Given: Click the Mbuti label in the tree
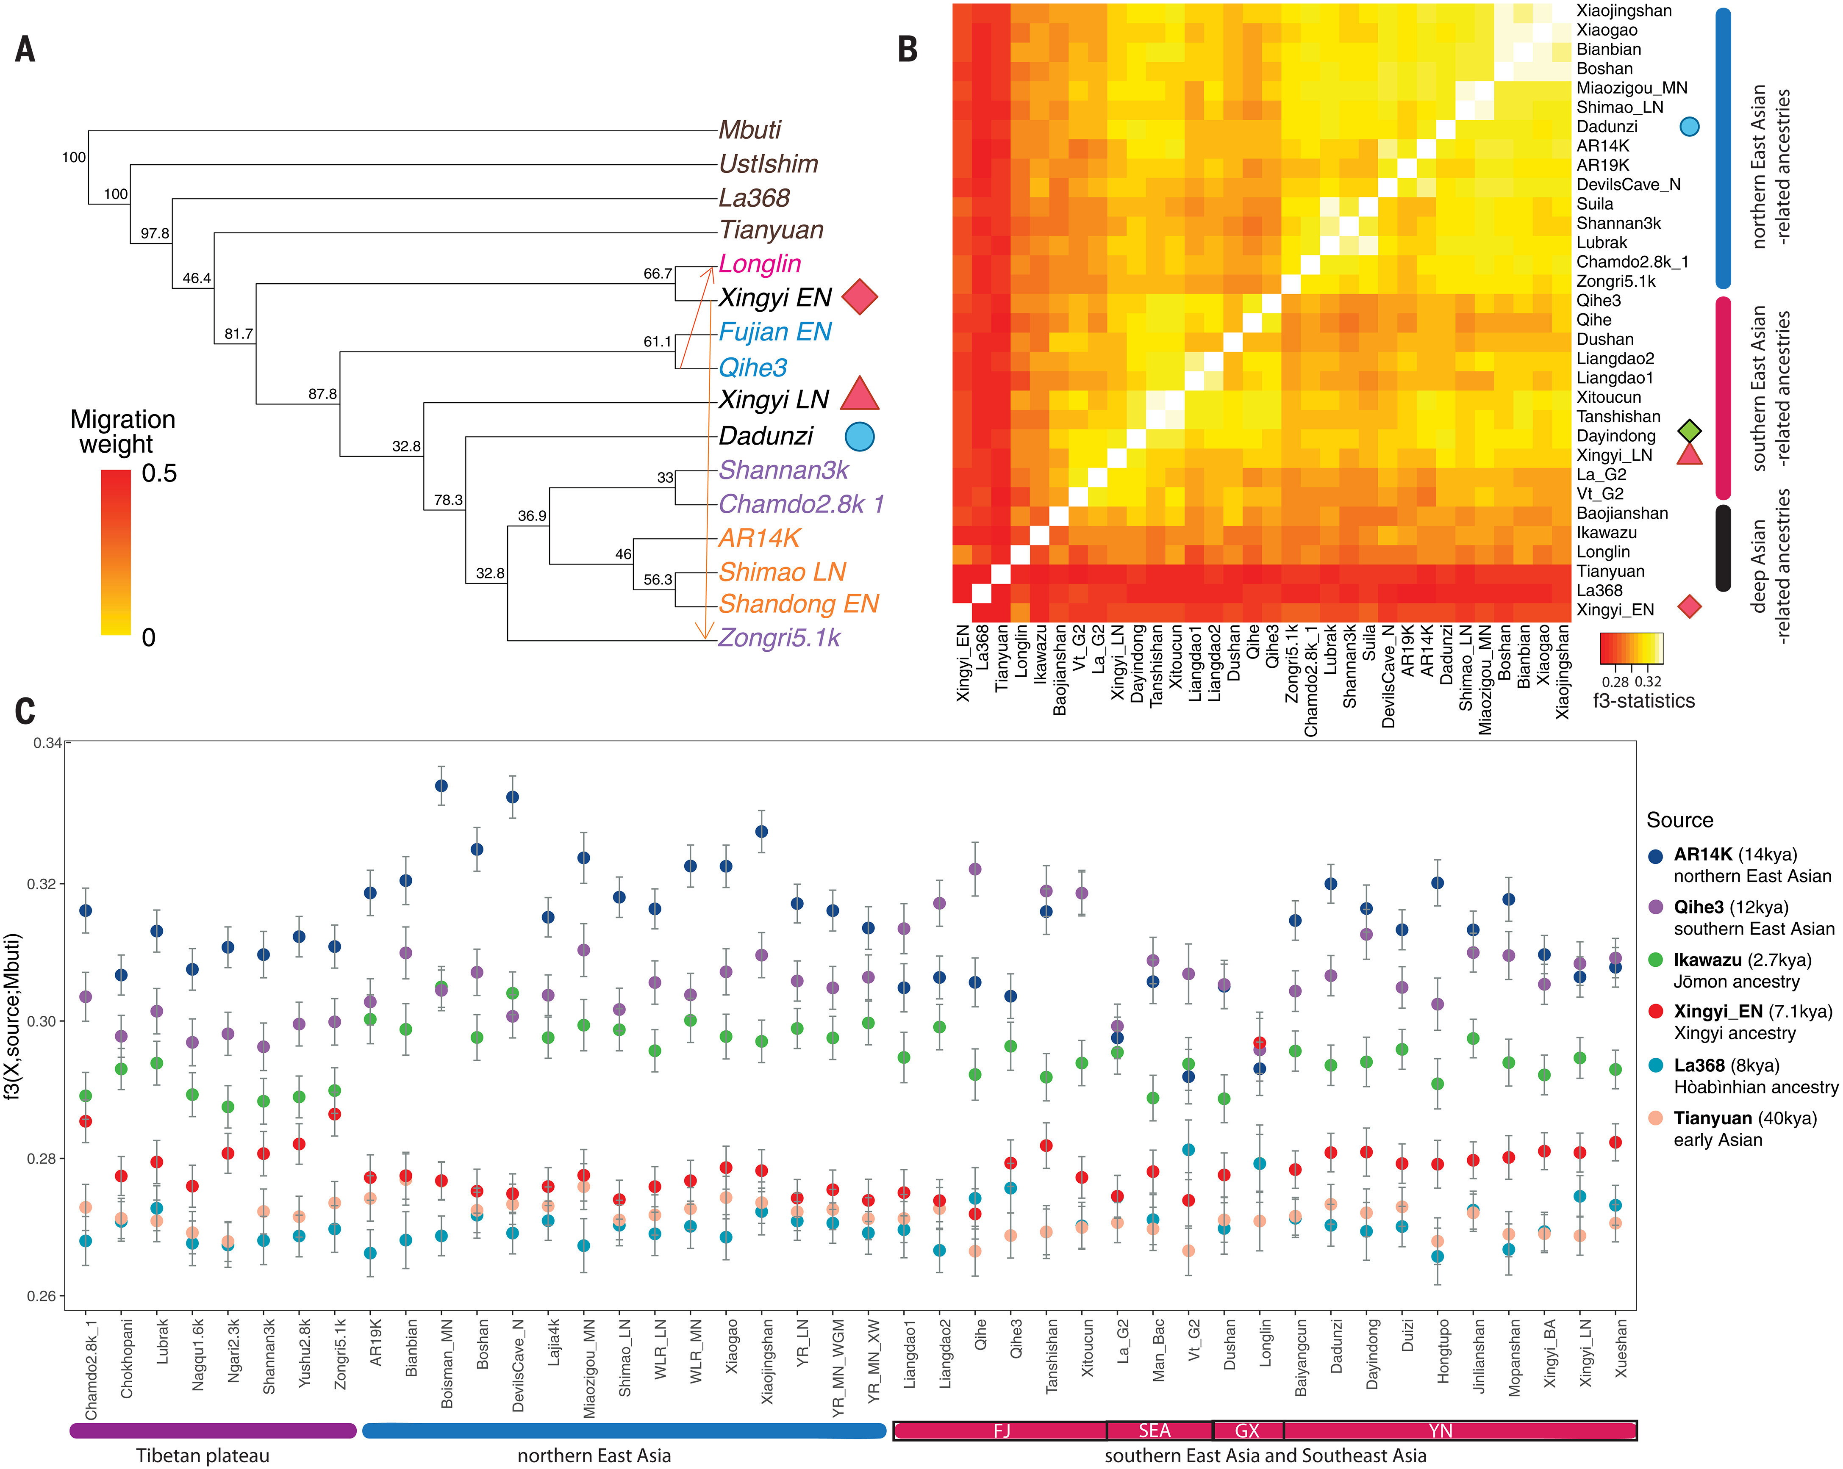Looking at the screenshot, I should tap(749, 130).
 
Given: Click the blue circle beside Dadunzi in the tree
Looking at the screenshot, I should tap(859, 436).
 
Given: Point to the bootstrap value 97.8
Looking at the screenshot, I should tap(155, 233).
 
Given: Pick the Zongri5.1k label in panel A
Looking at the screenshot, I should tap(779, 637).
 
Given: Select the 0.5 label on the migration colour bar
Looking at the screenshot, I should tap(159, 473).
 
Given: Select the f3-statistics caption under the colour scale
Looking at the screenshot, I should tap(1643, 701).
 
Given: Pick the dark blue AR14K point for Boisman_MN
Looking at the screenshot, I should tap(441, 786).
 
